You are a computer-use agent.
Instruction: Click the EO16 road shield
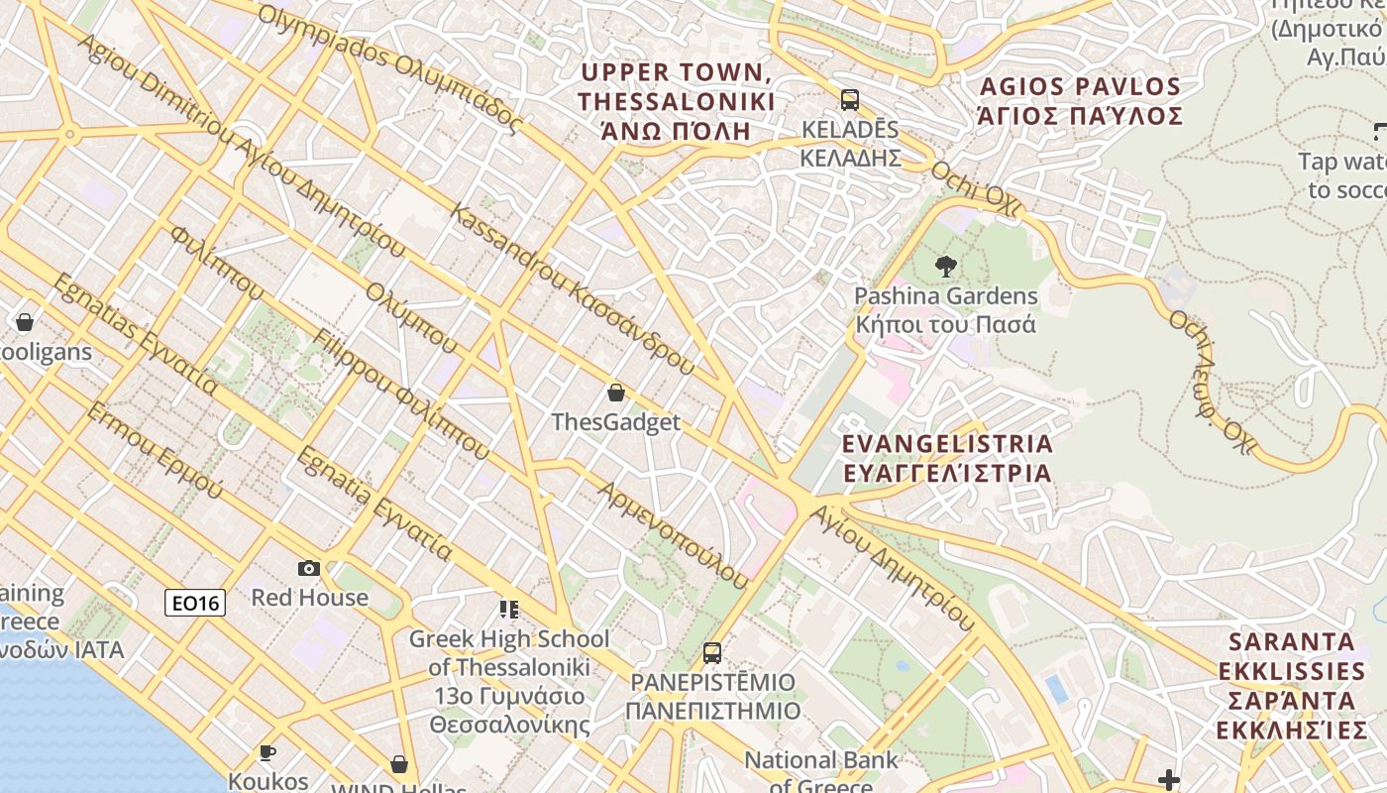click(195, 602)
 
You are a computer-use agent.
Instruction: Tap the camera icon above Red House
click(309, 568)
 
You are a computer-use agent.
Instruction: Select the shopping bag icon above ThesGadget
click(616, 393)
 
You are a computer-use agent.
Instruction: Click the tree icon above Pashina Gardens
click(946, 266)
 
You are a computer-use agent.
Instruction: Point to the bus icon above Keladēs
click(850, 99)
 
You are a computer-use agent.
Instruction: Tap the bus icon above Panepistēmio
click(712, 652)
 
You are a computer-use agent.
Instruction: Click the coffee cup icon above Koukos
click(267, 753)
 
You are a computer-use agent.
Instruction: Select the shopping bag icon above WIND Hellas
click(399, 764)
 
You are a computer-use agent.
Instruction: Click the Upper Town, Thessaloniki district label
click(676, 101)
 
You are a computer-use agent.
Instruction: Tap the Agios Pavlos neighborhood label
click(1079, 101)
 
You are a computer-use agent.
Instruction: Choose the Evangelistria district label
click(947, 457)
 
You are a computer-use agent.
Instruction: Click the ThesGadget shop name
click(616, 422)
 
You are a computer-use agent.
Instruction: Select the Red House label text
click(309, 598)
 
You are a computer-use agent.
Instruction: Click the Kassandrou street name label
click(572, 288)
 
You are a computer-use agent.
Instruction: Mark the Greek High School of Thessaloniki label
click(509, 681)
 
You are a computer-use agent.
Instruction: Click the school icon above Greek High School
click(509, 609)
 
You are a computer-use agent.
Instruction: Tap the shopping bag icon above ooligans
click(25, 322)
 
